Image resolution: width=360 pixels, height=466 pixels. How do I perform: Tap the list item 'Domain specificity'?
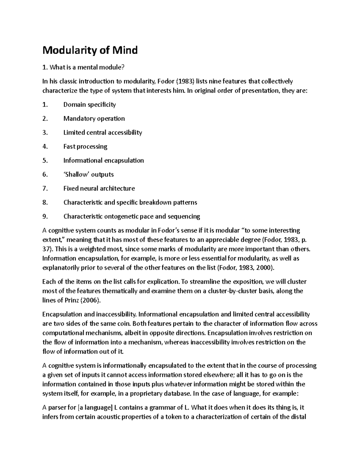pyautogui.click(x=89, y=105)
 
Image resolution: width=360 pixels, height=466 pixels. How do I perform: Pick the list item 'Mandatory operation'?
pyautogui.click(x=94, y=119)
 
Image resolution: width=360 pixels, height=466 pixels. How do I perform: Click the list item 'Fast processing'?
pyautogui.click(x=85, y=146)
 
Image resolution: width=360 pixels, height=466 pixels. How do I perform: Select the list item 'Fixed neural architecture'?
pyautogui.click(x=99, y=188)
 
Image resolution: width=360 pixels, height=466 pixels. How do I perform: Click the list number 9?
pyautogui.click(x=45, y=216)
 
